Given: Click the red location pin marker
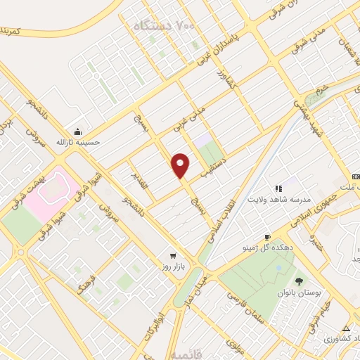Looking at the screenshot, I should pos(181,165).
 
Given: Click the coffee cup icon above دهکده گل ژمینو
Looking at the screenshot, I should pos(267,237).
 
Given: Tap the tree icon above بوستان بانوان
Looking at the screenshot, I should pos(297,282).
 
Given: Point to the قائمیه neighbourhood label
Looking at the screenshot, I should pos(238,348).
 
